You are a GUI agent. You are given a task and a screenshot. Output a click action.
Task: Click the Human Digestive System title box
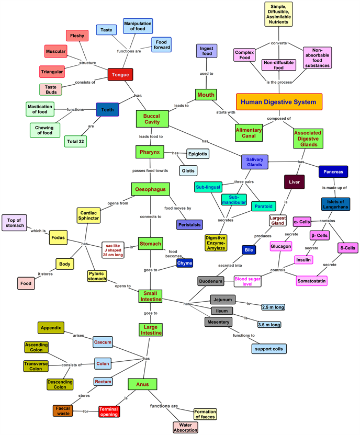(279, 102)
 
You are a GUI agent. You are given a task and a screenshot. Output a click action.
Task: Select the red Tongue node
(120, 74)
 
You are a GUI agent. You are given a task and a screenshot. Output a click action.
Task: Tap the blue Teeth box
(107, 110)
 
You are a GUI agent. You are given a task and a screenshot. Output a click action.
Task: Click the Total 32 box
(76, 141)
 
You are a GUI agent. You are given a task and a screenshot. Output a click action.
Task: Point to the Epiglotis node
(198, 154)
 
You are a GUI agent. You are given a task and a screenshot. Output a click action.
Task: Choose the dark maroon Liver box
(294, 182)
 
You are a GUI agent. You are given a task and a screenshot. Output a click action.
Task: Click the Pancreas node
(333, 171)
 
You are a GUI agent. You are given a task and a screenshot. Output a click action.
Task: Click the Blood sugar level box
(248, 281)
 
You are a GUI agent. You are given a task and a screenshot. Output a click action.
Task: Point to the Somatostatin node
(311, 281)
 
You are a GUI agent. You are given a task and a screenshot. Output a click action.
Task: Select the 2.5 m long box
(273, 307)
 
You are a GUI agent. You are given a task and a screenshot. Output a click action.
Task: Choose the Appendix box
(51, 328)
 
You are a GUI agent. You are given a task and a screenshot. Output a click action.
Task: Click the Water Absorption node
(185, 427)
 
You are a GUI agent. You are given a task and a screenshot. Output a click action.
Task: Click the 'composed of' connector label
(278, 119)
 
